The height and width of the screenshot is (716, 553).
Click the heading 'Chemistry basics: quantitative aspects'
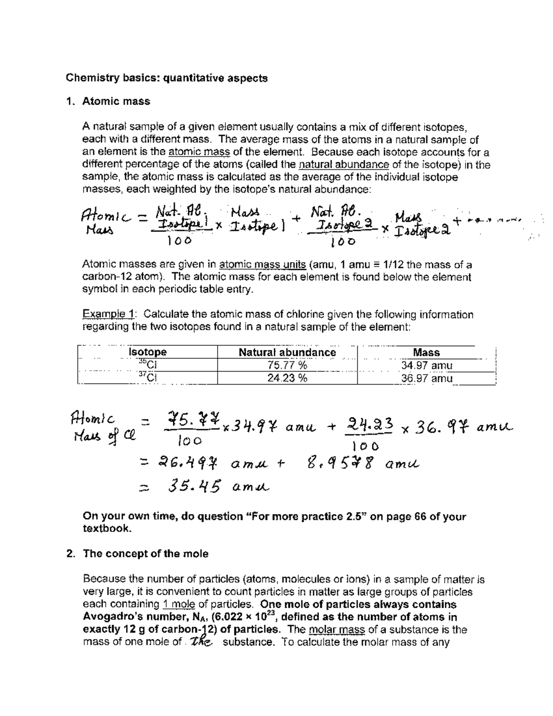[166, 78]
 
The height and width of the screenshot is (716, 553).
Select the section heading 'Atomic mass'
[116, 101]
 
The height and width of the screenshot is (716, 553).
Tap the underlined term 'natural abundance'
[344, 165]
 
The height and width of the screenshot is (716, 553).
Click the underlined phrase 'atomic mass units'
[263, 265]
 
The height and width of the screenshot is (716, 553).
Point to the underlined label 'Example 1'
[108, 315]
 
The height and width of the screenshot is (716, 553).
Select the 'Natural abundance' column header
[287, 352]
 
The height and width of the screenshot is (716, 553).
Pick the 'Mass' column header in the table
[426, 352]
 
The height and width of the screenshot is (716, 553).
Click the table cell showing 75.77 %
[287, 365]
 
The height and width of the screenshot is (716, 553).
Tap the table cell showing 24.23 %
[287, 378]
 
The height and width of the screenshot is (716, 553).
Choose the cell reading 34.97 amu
[426, 365]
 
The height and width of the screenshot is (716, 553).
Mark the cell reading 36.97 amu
[426, 378]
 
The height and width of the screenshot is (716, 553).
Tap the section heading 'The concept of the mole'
[145, 554]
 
